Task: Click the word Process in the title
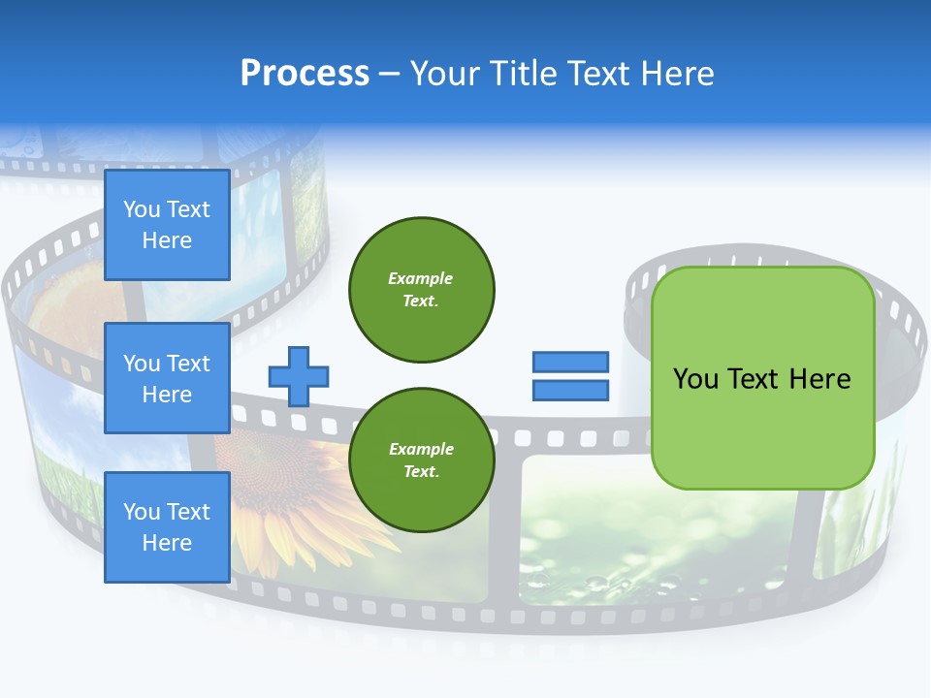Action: click(305, 73)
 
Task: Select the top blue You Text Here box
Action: click(167, 225)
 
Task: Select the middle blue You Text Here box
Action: click(167, 378)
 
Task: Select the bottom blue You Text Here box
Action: click(167, 527)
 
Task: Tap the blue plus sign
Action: click(299, 376)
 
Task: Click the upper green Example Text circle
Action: click(422, 290)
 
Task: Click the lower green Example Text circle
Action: click(422, 460)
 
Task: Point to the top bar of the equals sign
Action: click(571, 363)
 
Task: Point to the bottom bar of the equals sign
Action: click(571, 391)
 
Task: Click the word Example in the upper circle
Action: click(421, 278)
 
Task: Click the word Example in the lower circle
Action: click(421, 449)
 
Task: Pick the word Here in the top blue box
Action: click(167, 240)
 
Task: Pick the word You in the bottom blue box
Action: click(142, 512)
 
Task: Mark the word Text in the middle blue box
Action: click(187, 364)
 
